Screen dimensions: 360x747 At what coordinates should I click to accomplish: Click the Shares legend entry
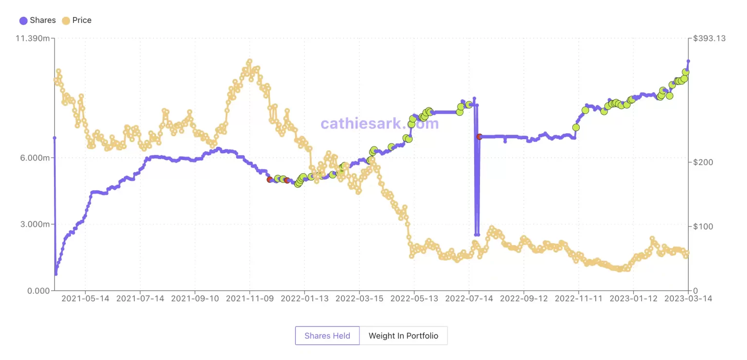pos(37,20)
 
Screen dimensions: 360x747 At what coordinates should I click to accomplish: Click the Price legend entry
pos(76,20)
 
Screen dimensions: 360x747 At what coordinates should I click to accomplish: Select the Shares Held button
pos(327,336)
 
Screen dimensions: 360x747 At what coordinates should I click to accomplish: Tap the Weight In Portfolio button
pos(403,336)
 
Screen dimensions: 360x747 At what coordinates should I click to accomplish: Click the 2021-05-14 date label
pos(85,299)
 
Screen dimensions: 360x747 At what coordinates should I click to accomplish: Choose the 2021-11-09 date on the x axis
pos(249,299)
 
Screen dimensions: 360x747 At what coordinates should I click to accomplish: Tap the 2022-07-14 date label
pos(469,299)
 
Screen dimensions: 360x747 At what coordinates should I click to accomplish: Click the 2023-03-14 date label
pos(688,299)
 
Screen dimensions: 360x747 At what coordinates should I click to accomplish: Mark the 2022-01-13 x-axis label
pos(304,299)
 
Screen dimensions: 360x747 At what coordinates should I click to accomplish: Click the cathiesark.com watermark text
pos(380,124)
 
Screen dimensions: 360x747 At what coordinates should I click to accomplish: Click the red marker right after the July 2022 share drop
pos(480,137)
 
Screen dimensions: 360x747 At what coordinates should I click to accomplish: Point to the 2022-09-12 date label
pos(524,299)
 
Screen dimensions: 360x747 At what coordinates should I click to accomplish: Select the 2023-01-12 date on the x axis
pos(634,299)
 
